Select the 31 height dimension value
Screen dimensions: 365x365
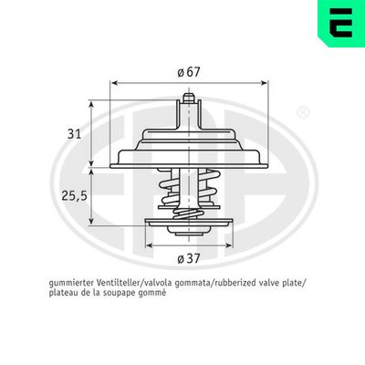pos(76,133)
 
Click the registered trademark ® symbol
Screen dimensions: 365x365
pos(302,113)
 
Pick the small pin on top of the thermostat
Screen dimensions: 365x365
pos(187,98)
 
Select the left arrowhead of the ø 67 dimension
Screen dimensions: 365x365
pos(113,83)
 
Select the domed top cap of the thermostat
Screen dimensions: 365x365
pos(187,137)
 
